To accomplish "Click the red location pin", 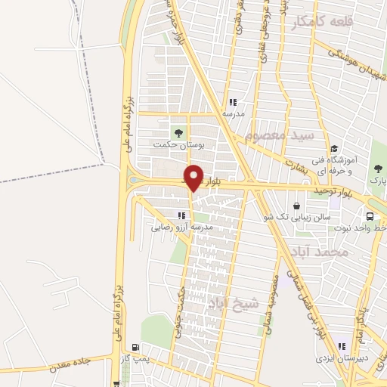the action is [x=193, y=177].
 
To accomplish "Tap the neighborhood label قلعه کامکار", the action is [x=322, y=25].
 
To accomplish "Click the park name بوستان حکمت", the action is [x=173, y=144].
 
